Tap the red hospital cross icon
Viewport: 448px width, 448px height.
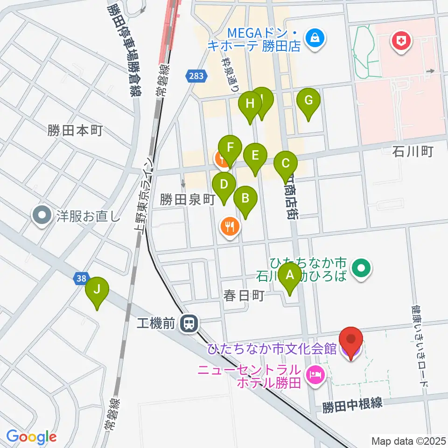coord(399,42)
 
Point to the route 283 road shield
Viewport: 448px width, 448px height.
coord(196,76)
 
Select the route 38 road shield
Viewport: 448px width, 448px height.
coord(80,279)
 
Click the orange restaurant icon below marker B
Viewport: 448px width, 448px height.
coord(229,227)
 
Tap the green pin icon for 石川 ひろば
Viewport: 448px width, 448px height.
coord(362,268)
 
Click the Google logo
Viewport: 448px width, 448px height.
coord(31,437)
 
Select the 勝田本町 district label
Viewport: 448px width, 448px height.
coord(75,130)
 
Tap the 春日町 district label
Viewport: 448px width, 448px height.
coord(244,296)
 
